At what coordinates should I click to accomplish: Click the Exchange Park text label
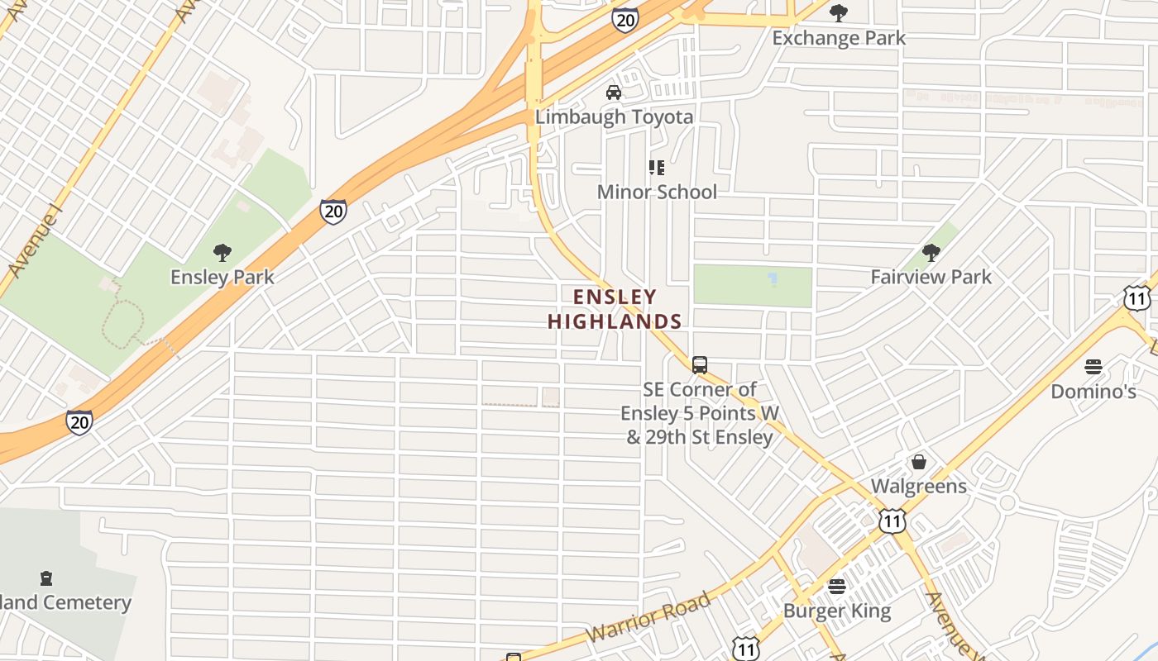(839, 38)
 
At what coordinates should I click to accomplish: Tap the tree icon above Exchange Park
(839, 12)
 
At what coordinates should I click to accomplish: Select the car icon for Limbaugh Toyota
(614, 92)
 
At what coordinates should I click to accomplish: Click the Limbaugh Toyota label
(614, 117)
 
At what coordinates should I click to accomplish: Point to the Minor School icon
(657, 168)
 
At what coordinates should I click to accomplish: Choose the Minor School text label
(657, 192)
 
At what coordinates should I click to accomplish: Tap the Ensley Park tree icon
(222, 252)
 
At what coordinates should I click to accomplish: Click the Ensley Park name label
(222, 277)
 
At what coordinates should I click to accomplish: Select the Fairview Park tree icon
(931, 252)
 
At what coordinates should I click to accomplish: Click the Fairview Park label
(931, 277)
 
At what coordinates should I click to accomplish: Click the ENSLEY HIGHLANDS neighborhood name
(615, 309)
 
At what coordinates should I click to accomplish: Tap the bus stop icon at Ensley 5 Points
(700, 364)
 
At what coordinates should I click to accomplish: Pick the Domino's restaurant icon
(1093, 366)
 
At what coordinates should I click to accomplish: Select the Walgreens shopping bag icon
(918, 462)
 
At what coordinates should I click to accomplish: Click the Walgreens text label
(918, 486)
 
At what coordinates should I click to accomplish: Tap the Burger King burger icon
(837, 587)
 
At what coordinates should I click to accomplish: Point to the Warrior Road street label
(649, 616)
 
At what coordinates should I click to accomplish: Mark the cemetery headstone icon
(46, 578)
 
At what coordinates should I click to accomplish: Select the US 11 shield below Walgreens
(892, 521)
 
